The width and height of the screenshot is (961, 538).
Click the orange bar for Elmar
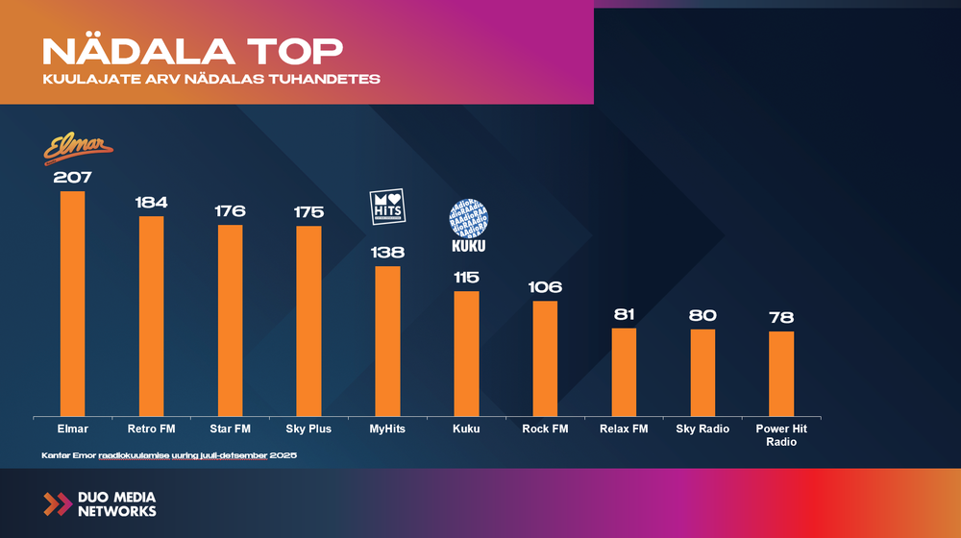73,303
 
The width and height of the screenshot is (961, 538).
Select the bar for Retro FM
152,315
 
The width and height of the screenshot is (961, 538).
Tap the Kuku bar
466,353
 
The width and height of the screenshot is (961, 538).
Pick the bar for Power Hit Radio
781,373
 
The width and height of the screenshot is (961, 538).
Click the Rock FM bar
545,357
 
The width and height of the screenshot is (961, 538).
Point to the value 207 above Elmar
73,177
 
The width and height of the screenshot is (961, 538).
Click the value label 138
387,253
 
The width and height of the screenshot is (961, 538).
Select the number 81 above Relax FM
624,315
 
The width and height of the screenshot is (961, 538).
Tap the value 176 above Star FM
231,210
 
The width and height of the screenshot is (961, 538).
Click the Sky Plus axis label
308,428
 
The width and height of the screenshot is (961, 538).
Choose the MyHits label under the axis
387,428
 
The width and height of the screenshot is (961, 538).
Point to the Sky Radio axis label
702,428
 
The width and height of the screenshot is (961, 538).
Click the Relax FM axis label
624,428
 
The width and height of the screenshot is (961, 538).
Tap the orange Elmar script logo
79,149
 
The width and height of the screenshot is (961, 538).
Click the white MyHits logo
388,208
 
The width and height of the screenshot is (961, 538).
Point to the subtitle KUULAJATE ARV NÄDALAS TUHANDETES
211,79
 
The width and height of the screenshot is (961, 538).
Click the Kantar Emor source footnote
169,453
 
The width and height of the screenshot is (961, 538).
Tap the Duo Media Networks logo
100,504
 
